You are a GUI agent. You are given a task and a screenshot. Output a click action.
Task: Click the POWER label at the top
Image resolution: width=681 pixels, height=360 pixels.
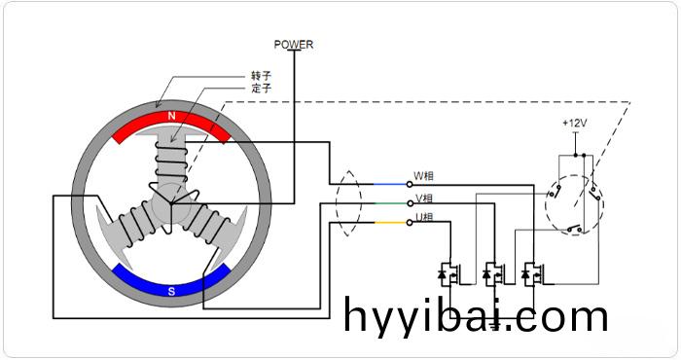[294, 44]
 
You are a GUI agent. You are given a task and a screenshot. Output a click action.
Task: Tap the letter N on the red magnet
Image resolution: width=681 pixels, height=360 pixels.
[172, 117]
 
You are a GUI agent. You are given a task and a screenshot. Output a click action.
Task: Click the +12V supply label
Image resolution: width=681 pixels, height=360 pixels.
[575, 124]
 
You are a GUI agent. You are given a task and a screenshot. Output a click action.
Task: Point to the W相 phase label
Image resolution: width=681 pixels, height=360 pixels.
[424, 177]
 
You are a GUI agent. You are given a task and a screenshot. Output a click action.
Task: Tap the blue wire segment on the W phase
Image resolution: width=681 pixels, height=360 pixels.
[389, 184]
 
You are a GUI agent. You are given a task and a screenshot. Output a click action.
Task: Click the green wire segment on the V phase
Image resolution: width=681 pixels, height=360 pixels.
[389, 203]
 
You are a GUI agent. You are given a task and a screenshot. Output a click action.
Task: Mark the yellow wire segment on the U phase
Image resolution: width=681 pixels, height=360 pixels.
[389, 223]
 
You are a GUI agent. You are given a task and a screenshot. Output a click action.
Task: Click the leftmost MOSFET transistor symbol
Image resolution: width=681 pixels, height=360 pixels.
[450, 275]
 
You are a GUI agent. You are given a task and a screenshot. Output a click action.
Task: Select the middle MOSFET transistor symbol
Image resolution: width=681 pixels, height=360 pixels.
[491, 275]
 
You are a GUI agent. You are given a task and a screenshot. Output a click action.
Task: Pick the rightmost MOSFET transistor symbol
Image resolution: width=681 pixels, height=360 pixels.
[531, 275]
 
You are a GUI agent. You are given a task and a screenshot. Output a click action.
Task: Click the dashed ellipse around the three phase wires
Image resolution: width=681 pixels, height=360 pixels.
[345, 203]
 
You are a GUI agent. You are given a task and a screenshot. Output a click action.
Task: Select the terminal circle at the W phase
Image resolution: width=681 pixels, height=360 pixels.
[409, 184]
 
